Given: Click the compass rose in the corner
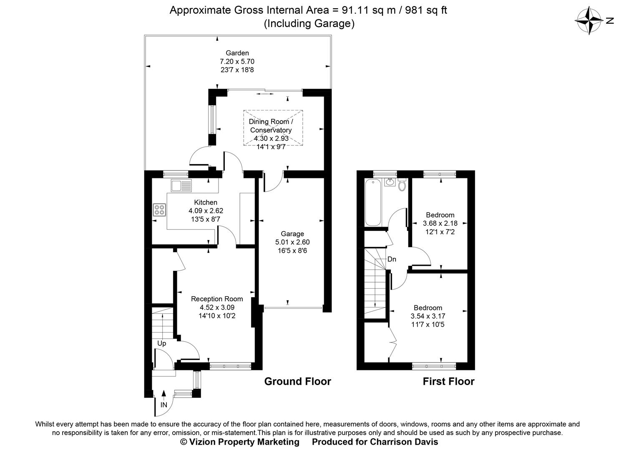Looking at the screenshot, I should point(590,20).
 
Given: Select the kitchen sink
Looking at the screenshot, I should point(181,185).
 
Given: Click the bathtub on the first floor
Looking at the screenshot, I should point(372,202).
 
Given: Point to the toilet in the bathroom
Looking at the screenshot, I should point(402,185).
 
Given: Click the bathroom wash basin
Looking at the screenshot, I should point(390,182).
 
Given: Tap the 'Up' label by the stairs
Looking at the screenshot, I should point(161,343).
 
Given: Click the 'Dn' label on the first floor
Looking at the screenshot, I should point(392,259).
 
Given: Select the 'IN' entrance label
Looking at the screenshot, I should point(164,405).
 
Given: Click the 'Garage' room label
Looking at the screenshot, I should point(292,234).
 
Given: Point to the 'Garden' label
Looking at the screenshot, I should point(237,53).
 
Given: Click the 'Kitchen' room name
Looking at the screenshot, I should point(206,202).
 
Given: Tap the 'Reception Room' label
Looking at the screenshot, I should point(217,299).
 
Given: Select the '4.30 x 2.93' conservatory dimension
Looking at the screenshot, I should point(271,138).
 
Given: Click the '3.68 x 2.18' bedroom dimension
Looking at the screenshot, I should point(440,223).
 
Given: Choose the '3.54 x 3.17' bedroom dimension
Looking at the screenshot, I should point(428,316).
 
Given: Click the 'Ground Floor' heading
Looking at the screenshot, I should point(297,381).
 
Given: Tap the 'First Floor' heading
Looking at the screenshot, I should point(448,381).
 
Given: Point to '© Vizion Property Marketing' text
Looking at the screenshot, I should point(239,442).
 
